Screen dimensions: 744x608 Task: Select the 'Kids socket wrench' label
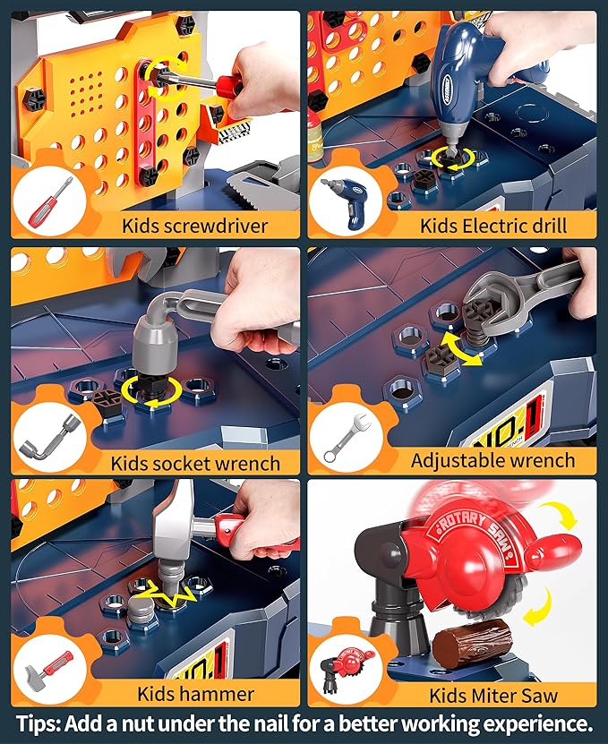[195, 463]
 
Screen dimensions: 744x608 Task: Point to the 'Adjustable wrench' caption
[492, 460]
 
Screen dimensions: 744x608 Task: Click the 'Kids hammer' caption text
[195, 693]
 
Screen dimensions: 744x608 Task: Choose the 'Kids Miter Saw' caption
[493, 695]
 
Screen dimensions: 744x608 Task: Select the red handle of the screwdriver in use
[235, 88]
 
